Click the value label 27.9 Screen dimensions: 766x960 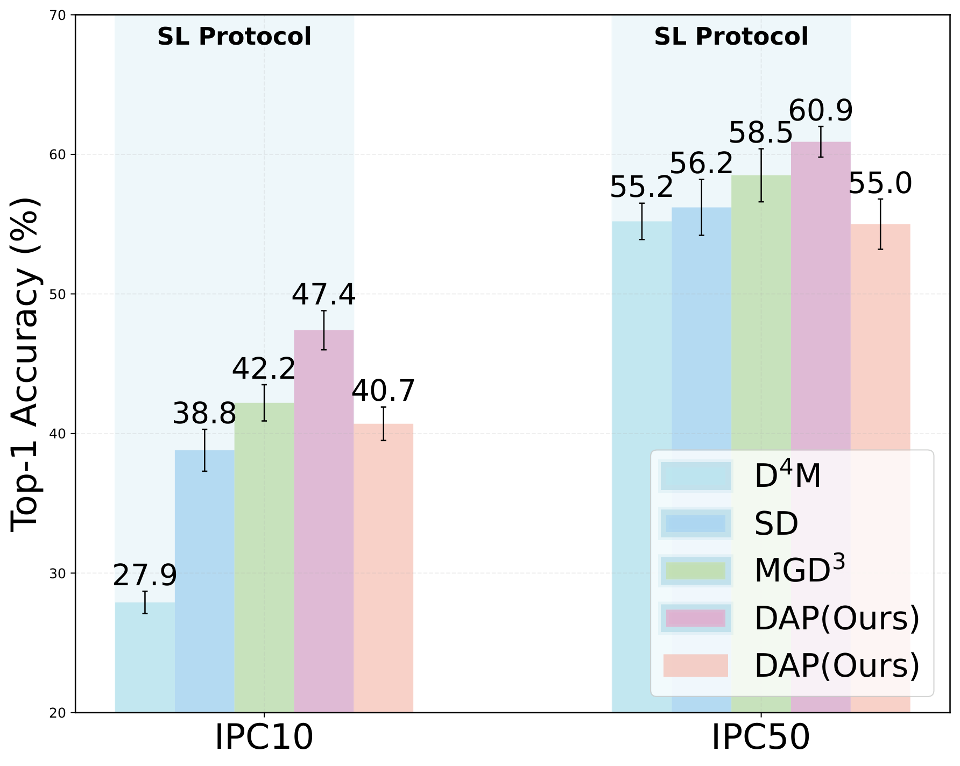pyautogui.click(x=145, y=576)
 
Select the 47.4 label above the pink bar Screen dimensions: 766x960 pyautogui.click(x=323, y=295)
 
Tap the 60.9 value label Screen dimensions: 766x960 pyautogui.click(x=821, y=111)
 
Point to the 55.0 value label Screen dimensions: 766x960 pyautogui.click(x=880, y=184)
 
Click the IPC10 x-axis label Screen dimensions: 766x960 pyautogui.click(x=264, y=737)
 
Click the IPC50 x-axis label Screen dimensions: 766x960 pyautogui.click(x=760, y=737)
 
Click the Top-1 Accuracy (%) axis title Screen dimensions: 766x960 pyautogui.click(x=26, y=365)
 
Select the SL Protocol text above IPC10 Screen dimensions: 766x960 pyautogui.click(x=234, y=37)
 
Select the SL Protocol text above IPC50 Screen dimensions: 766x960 pyautogui.click(x=731, y=37)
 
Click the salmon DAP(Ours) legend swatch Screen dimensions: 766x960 pyautogui.click(x=695, y=665)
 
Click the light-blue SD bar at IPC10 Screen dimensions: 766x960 pyautogui.click(x=204, y=581)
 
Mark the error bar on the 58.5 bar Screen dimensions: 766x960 pyautogui.click(x=761, y=175)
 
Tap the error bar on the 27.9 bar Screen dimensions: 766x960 pyautogui.click(x=145, y=602)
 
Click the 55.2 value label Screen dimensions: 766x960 pyautogui.click(x=641, y=188)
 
